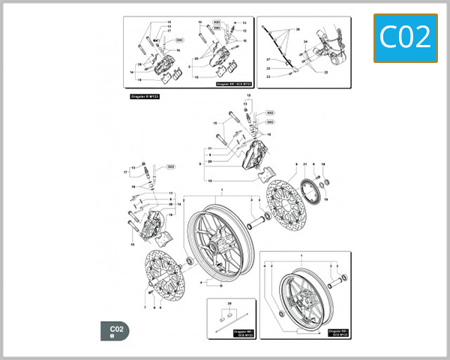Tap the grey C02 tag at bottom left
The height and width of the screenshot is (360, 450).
pos(116,331)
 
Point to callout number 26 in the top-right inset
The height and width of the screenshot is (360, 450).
pos(298,30)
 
